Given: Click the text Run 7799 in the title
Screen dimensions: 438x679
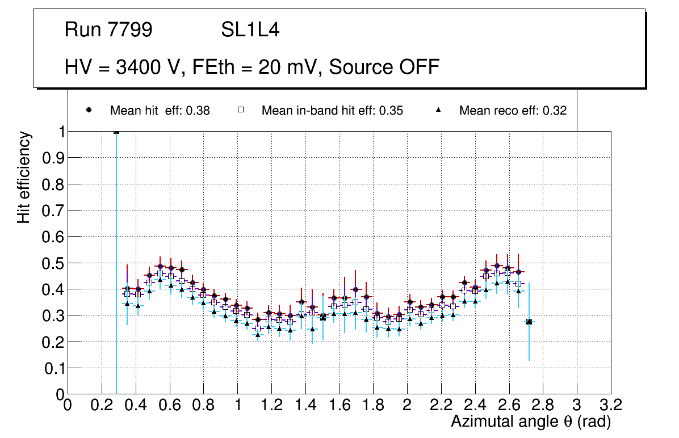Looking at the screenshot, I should pos(108,30).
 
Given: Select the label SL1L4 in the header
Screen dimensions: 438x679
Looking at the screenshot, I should pos(250,30).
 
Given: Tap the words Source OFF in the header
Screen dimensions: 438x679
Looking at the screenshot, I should pos(384,67).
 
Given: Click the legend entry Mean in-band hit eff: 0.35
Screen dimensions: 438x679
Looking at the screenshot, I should pos(332,111).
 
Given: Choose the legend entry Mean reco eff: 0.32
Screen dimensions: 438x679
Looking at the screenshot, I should pos(513,111).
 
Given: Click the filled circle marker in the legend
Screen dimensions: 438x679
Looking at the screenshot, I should pos(89,110).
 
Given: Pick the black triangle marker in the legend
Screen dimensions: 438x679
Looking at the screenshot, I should pos(439,110).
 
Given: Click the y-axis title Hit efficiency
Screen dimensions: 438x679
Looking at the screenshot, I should pos(24,177).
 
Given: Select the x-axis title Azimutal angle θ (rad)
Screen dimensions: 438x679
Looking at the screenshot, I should pos(531,422).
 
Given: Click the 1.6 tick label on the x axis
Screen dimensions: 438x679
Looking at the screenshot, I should pos(339,405).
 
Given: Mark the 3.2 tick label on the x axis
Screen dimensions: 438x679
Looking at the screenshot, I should pos(611,405).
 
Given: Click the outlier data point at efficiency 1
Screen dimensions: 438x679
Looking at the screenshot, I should pos(116,132).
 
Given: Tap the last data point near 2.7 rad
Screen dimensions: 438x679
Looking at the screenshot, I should pos(529,322).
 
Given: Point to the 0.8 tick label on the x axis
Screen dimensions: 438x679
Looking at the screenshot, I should pos(203,405).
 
